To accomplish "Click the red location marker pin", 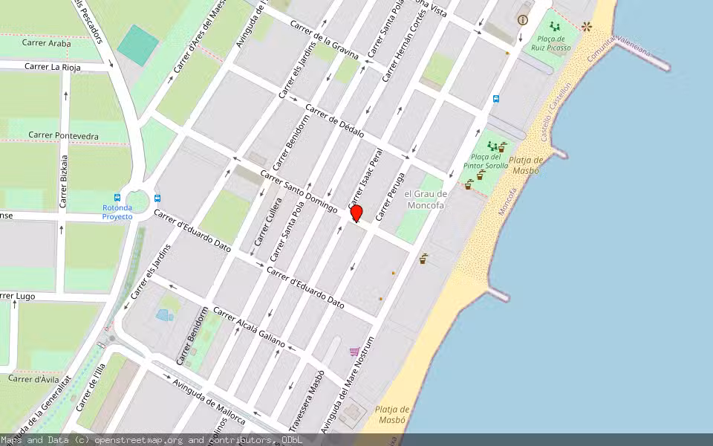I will [356, 213].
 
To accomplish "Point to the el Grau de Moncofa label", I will [426, 200].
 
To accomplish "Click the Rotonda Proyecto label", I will [117, 212].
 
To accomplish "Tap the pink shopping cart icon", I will [355, 351].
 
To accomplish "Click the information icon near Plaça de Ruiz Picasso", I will [523, 20].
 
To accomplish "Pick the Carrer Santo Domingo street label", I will [299, 190].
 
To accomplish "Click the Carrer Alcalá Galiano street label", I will [249, 327].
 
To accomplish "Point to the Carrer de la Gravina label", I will [324, 40].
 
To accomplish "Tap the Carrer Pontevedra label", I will [63, 135].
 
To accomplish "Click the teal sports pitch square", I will [137, 44].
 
